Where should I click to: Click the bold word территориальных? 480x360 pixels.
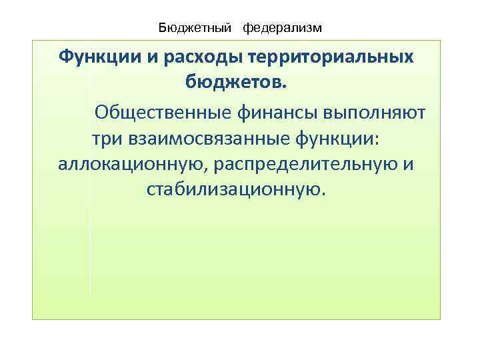click(331, 57)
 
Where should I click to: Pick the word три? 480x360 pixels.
click(106, 137)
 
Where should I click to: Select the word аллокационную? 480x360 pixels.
click(132, 164)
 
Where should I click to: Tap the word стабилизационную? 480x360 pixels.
click(233, 191)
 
